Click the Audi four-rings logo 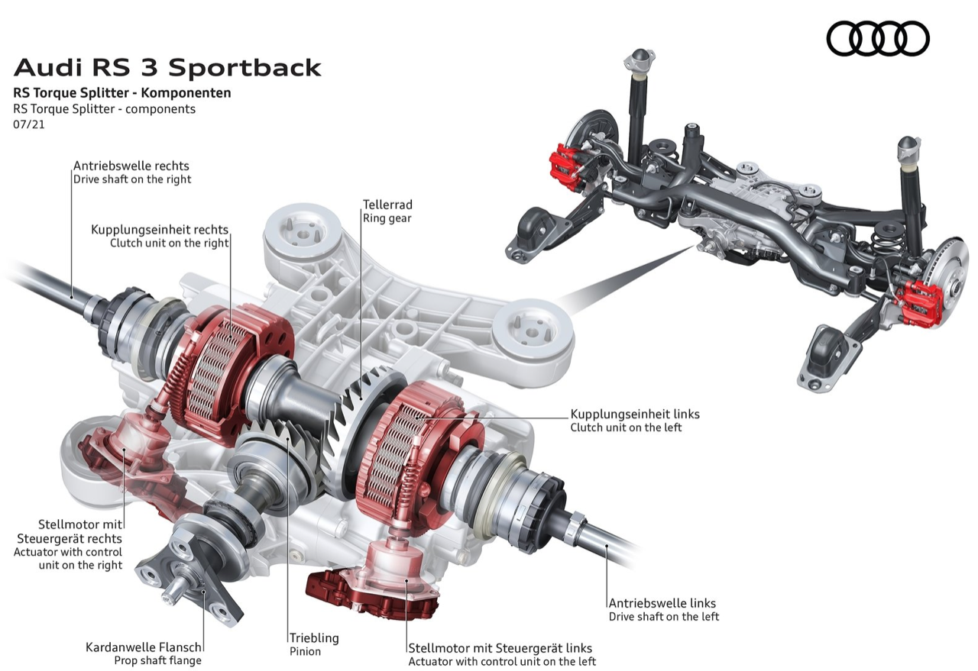(878, 38)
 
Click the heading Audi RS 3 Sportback (167, 67)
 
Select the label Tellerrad (387, 205)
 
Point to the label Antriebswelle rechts (131, 165)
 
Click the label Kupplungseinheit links (635, 414)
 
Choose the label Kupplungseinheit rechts (160, 229)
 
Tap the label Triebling (313, 637)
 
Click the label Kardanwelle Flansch (144, 647)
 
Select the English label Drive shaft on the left (663, 616)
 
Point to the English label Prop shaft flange (157, 660)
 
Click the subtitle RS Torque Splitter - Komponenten (122, 93)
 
